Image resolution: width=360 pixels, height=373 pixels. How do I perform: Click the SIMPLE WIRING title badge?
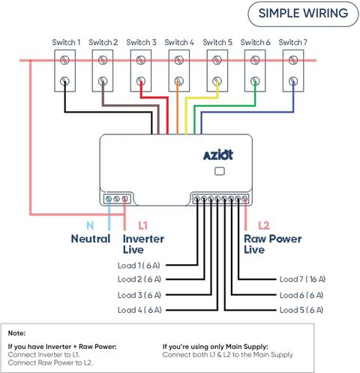tap(303, 14)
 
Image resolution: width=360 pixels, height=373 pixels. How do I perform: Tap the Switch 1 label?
tap(66, 42)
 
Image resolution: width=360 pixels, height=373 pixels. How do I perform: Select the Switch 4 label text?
tap(179, 42)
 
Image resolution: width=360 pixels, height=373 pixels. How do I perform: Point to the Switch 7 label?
tap(292, 42)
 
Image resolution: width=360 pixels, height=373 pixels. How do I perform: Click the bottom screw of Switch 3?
tap(141, 81)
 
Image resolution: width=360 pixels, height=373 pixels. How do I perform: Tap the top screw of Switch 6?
tap(255, 60)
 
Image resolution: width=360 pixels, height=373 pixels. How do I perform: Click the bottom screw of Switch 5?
tap(217, 81)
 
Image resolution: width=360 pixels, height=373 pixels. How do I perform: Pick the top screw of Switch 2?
tap(103, 60)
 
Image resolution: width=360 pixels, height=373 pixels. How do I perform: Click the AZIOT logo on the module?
tap(218, 155)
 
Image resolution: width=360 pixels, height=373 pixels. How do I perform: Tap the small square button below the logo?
tap(220, 171)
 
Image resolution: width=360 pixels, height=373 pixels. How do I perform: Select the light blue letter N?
tap(90, 226)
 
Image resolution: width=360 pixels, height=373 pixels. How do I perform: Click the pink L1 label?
tap(142, 226)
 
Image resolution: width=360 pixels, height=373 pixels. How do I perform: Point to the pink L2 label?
tap(264, 226)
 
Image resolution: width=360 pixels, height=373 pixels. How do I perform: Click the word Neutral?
tap(91, 239)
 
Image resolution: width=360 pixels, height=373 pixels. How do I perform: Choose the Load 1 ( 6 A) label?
tap(139, 266)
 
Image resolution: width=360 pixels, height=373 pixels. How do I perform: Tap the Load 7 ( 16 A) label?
tap(302, 279)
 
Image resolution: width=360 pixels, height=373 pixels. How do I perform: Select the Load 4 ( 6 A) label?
tap(139, 310)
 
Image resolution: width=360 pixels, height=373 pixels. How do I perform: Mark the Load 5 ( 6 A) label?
tap(301, 310)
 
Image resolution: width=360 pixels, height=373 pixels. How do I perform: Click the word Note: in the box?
tap(16, 333)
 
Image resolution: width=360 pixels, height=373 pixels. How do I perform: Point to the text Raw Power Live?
tap(273, 244)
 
